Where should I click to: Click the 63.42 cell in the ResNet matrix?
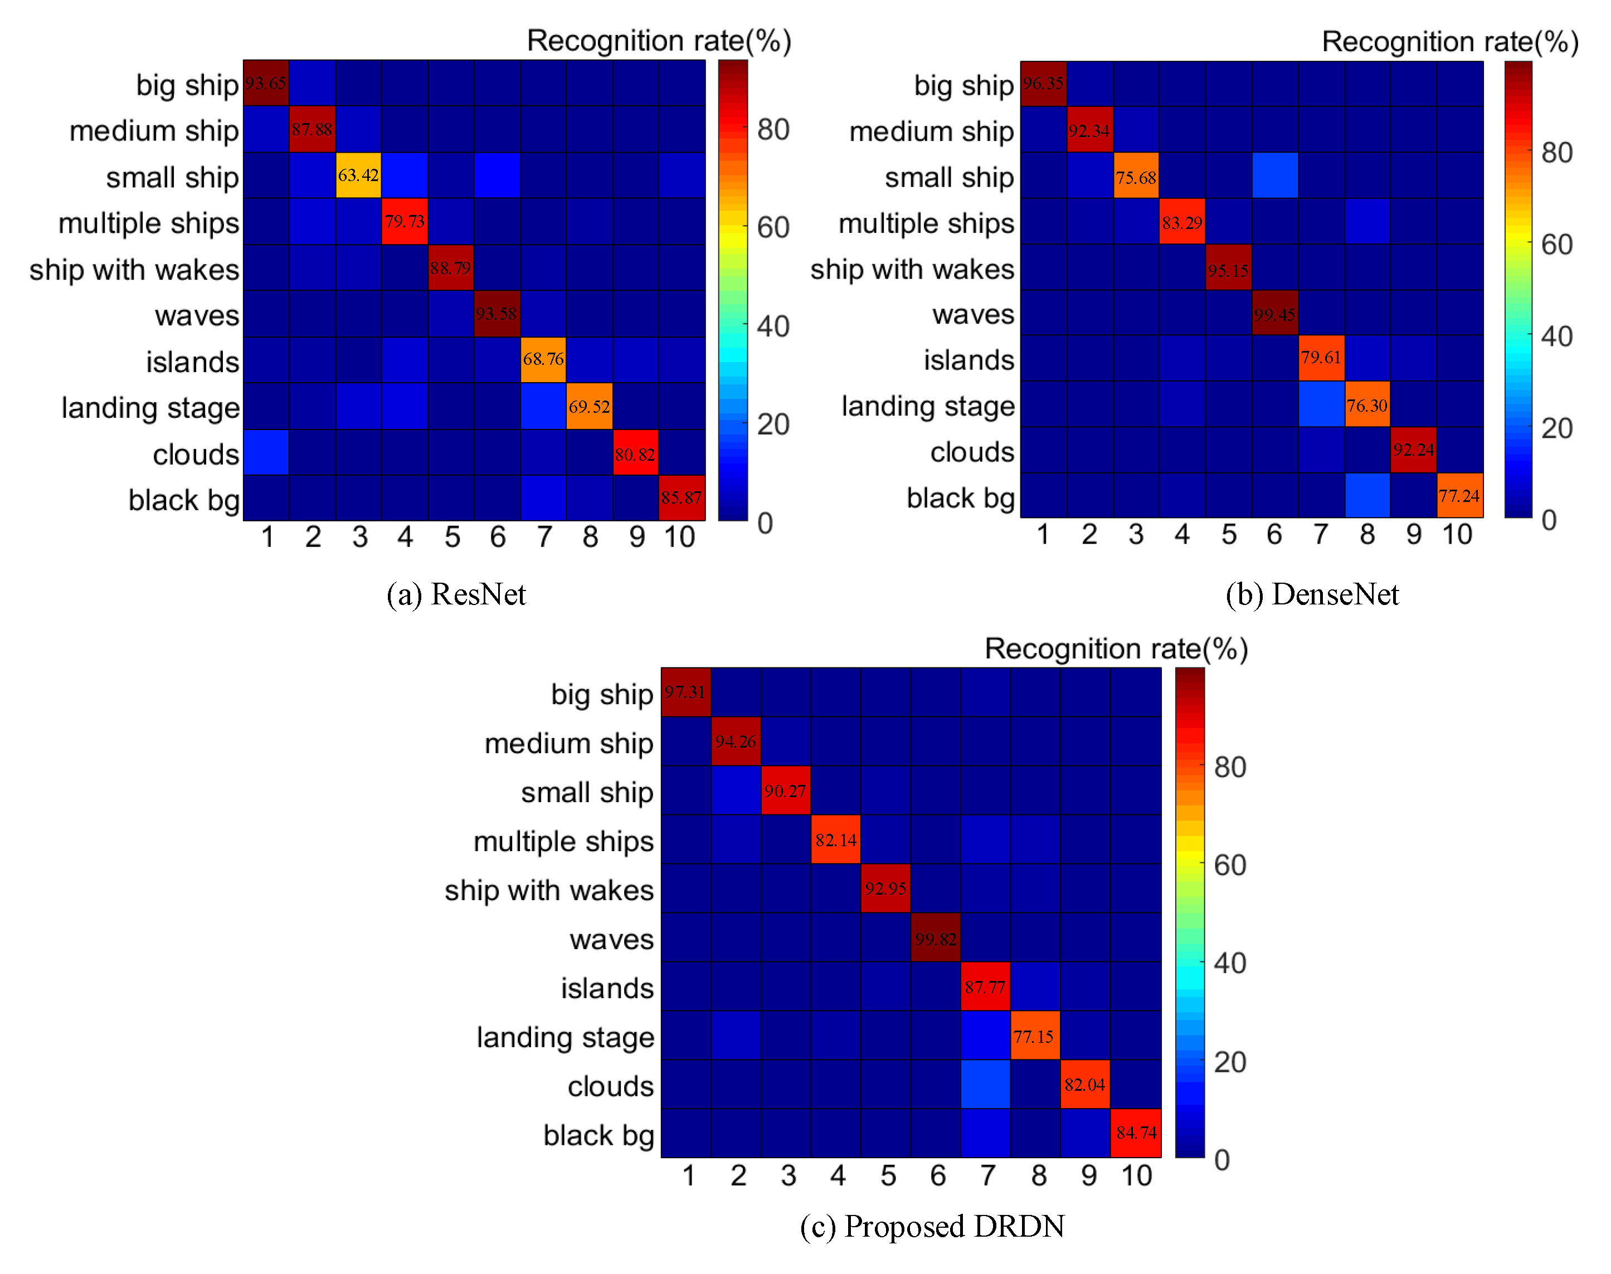click(358, 175)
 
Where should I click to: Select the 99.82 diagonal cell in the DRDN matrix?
click(936, 938)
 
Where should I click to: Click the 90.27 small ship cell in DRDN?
click(786, 790)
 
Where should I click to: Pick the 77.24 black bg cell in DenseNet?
click(1459, 495)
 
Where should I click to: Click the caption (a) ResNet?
click(456, 594)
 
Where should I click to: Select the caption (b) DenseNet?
click(1312, 594)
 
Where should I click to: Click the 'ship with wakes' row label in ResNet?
click(134, 269)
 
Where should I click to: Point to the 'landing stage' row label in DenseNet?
click(927, 406)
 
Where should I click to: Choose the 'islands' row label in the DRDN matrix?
click(607, 988)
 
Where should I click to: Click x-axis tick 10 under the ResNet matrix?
click(680, 537)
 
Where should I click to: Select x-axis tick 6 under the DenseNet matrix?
click(1274, 535)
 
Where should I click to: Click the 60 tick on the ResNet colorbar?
click(773, 227)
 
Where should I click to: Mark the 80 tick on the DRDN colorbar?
click(1230, 767)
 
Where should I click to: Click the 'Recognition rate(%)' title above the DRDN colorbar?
click(1116, 648)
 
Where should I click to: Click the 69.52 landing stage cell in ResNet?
click(589, 407)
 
